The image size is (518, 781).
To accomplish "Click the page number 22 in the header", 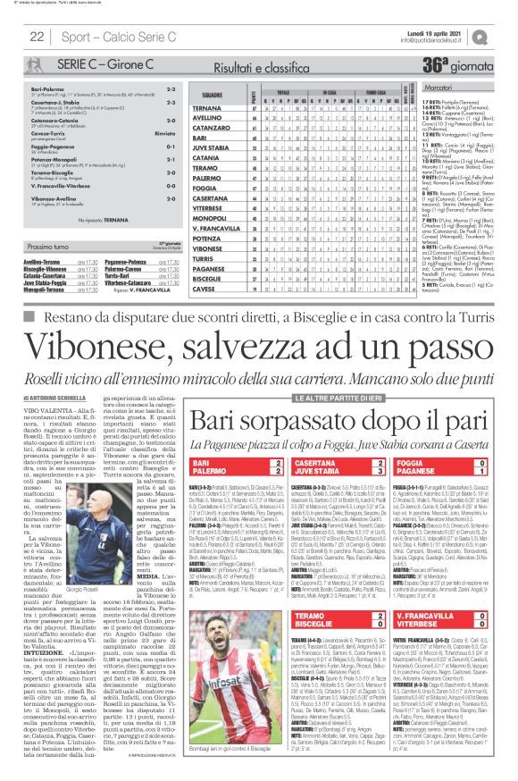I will (x=38, y=37).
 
